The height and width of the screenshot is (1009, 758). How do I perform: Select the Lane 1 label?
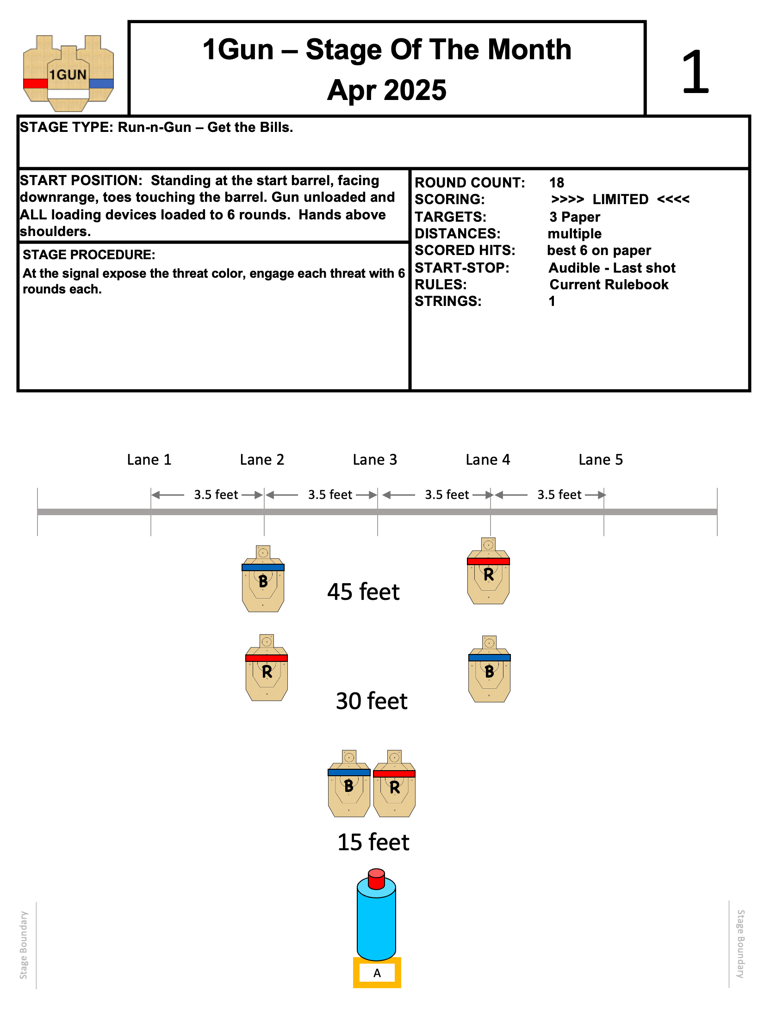[149, 460]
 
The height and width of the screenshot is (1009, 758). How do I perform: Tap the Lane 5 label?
[601, 460]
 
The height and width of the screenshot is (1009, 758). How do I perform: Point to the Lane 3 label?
[375, 460]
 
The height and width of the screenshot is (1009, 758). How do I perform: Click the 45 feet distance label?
[363, 592]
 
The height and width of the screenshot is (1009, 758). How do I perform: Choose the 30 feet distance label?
[372, 701]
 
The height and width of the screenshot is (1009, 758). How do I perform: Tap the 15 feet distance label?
[373, 842]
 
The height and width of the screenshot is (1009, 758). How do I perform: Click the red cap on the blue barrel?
[376, 878]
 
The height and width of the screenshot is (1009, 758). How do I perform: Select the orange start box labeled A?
[377, 973]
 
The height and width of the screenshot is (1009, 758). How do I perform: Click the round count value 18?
[557, 183]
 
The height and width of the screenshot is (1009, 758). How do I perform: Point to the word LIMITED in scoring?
[620, 199]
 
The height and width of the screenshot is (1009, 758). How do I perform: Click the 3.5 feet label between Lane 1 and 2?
[216, 495]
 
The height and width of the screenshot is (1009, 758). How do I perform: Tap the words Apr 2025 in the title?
[387, 90]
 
